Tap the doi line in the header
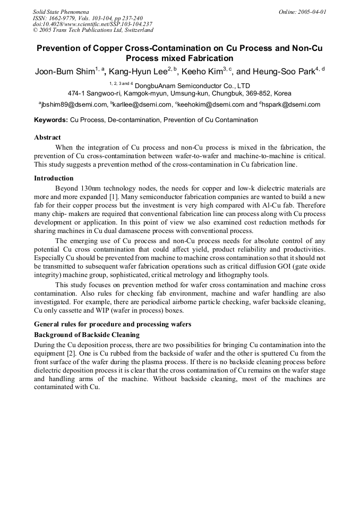click(x=92, y=24)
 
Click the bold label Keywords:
click(x=51, y=120)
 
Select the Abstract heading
click(x=47, y=137)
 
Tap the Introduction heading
click(x=54, y=178)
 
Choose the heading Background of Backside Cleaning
click(x=87, y=335)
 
